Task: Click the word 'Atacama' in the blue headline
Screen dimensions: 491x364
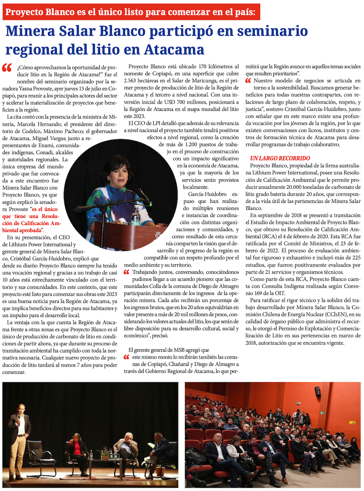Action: pos(174,50)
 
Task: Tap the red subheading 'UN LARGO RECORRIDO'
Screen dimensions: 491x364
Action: pos(280,158)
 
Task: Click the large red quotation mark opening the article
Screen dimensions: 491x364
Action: pos(7,68)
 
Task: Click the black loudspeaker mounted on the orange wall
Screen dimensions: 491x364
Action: pos(317,391)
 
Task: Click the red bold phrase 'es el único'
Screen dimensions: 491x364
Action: pos(45,209)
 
